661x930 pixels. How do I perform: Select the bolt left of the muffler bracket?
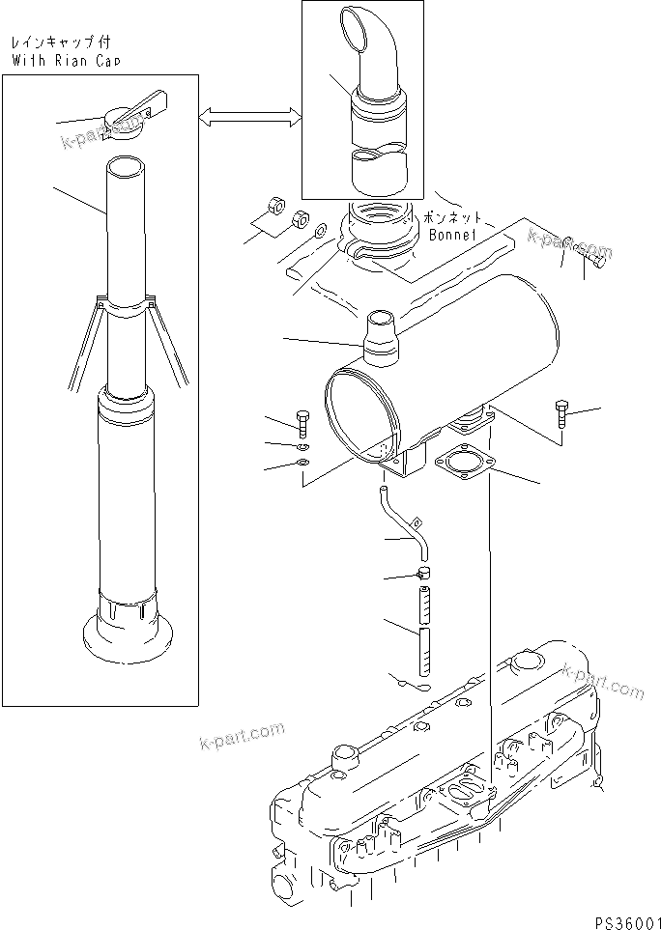[302, 422]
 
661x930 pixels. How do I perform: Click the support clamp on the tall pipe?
[127, 306]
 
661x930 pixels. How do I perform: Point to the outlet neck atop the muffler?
[380, 339]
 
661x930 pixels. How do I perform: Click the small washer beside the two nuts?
[320, 231]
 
